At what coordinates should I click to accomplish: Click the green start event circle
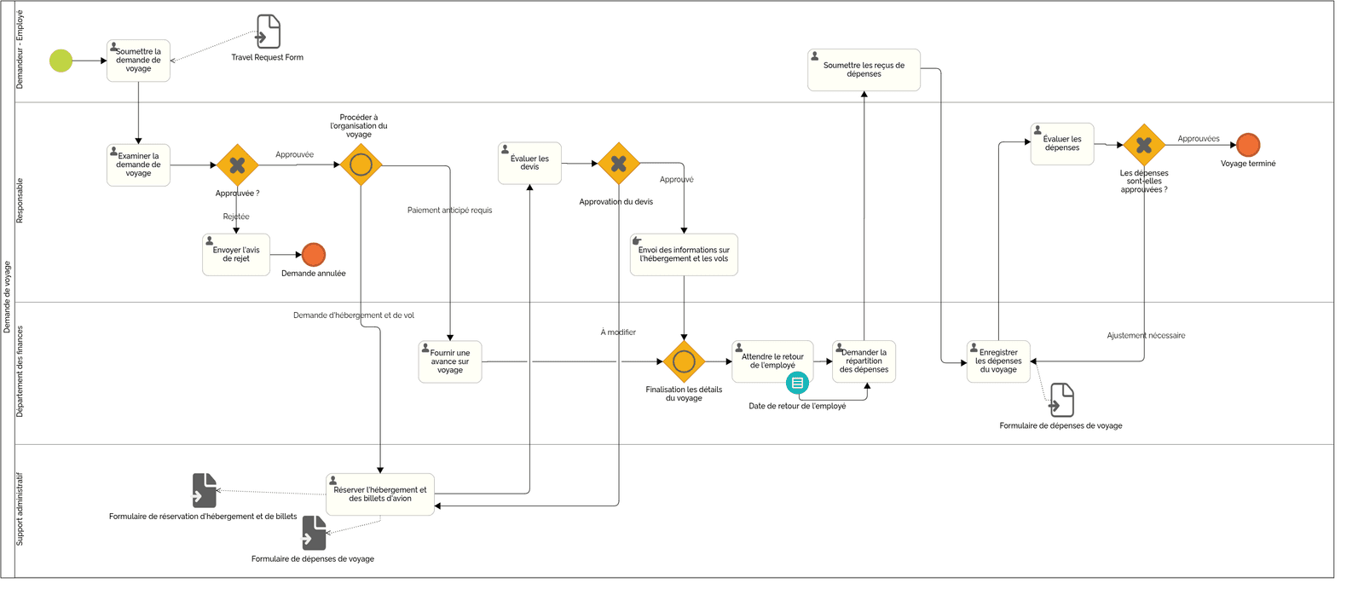[x=61, y=61]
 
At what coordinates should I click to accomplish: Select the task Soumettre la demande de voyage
[x=138, y=61]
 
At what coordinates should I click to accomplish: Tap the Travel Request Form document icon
[x=269, y=32]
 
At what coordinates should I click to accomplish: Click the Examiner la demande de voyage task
[x=138, y=165]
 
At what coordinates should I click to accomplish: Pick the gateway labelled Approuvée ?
[x=237, y=165]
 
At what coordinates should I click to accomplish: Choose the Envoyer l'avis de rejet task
[x=236, y=255]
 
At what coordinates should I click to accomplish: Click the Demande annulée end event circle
[x=314, y=255]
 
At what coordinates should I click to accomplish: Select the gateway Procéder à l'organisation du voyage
[x=361, y=165]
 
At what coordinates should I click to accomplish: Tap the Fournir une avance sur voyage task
[x=450, y=361]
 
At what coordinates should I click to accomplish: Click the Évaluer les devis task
[x=529, y=163]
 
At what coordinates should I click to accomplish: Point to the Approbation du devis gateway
[x=619, y=164]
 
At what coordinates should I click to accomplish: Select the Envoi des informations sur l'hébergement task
[x=684, y=255]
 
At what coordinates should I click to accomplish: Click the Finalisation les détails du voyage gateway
[x=684, y=362]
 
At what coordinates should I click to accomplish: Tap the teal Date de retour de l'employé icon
[x=797, y=383]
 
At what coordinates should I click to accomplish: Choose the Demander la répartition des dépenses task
[x=864, y=361]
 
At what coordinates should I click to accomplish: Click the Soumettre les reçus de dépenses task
[x=864, y=70]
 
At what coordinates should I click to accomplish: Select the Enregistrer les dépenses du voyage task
[x=998, y=361]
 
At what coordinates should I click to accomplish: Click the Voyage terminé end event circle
[x=1248, y=145]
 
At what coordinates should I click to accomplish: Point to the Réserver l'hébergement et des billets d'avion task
[x=380, y=494]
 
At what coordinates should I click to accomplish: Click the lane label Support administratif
[x=20, y=509]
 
